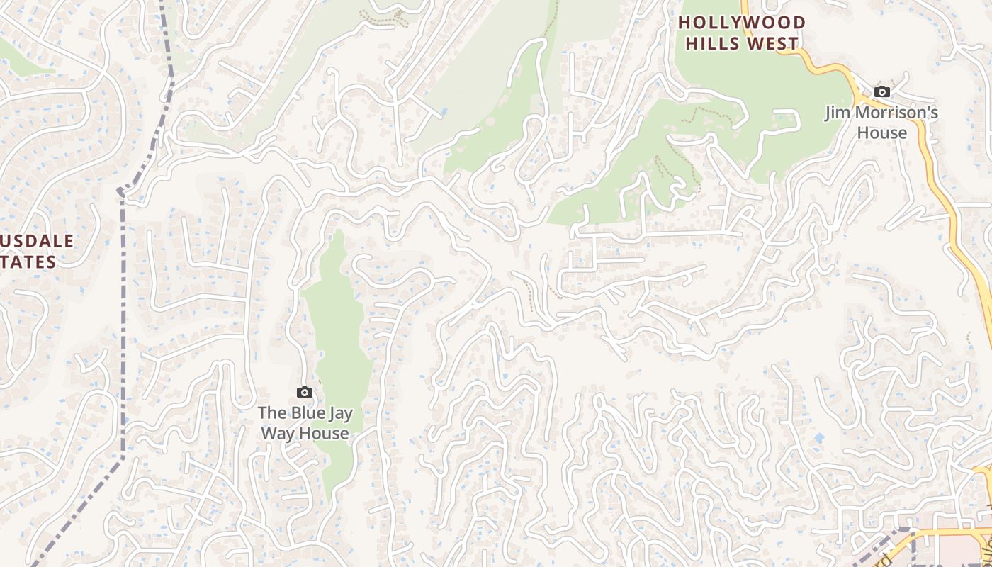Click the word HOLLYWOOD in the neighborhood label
(742, 23)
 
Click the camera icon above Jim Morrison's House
(881, 91)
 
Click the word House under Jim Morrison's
(881, 133)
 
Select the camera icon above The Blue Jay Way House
(304, 392)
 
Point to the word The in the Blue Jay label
(272, 412)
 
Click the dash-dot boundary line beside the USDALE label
(123, 283)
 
